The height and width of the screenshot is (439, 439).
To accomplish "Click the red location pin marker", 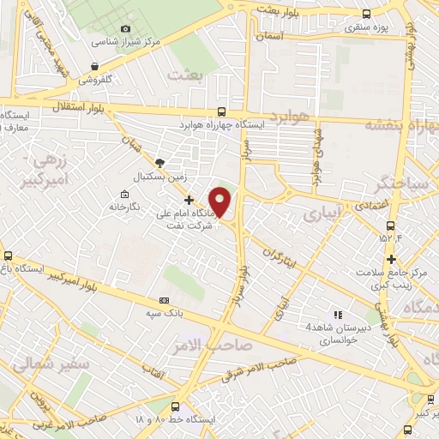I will pyautogui.click(x=221, y=201).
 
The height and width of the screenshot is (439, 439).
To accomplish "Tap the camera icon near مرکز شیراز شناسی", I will pyautogui.click(x=126, y=28).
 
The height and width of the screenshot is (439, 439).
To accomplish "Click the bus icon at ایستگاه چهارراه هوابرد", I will pyautogui.click(x=222, y=111).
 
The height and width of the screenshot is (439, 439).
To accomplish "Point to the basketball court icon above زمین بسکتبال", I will pyautogui.click(x=159, y=163).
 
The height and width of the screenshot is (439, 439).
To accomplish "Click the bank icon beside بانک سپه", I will pyautogui.click(x=165, y=301).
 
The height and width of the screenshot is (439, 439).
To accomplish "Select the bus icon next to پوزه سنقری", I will pyautogui.click(x=367, y=14).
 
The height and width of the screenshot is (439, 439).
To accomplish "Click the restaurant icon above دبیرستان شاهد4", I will pyautogui.click(x=337, y=315).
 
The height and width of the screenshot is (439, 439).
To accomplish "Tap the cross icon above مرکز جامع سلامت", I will pyautogui.click(x=391, y=259).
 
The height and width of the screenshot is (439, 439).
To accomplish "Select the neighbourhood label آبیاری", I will pyautogui.click(x=323, y=211).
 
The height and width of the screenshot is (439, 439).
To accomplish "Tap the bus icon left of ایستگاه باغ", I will pyautogui.click(x=9, y=256).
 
